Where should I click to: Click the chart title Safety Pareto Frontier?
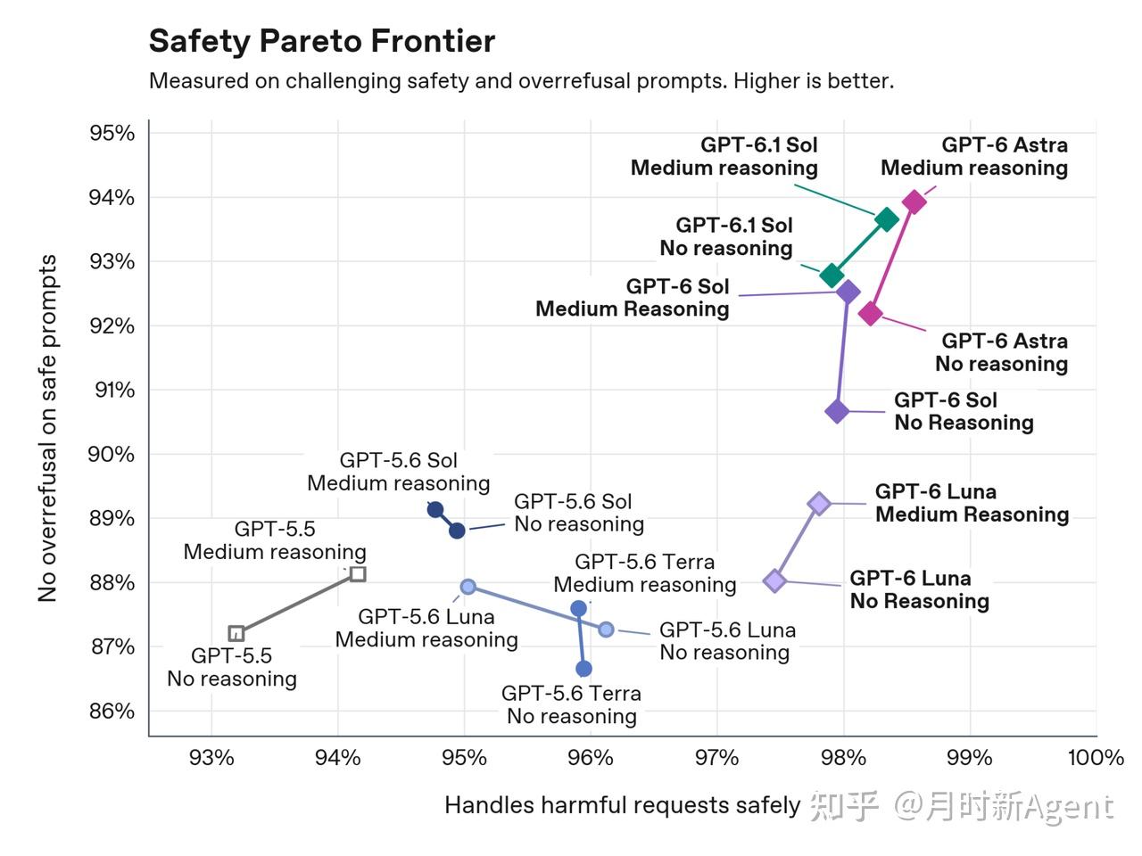click(321, 42)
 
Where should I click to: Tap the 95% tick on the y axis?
click(112, 133)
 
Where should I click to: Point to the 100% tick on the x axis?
click(1096, 758)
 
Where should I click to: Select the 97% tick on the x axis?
click(717, 758)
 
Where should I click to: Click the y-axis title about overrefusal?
click(47, 428)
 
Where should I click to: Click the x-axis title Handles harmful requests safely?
click(622, 805)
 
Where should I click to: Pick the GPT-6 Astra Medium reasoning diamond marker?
click(914, 202)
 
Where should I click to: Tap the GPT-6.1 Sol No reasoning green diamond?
click(832, 275)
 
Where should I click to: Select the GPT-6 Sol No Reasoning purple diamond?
click(837, 412)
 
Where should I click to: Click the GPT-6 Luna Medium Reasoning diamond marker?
click(819, 503)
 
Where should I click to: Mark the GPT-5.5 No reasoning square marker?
click(236, 634)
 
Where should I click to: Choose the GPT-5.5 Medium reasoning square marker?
click(358, 573)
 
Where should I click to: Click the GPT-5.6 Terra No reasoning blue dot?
click(583, 669)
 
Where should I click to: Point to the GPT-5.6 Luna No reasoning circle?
click(606, 630)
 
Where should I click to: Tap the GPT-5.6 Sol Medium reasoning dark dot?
click(435, 509)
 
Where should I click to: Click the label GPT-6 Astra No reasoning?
click(1002, 352)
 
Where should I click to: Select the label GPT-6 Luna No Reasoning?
click(919, 589)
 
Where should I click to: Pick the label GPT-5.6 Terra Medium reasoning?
click(645, 573)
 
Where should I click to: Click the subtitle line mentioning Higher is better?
click(521, 81)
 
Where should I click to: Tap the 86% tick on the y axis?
click(112, 711)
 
